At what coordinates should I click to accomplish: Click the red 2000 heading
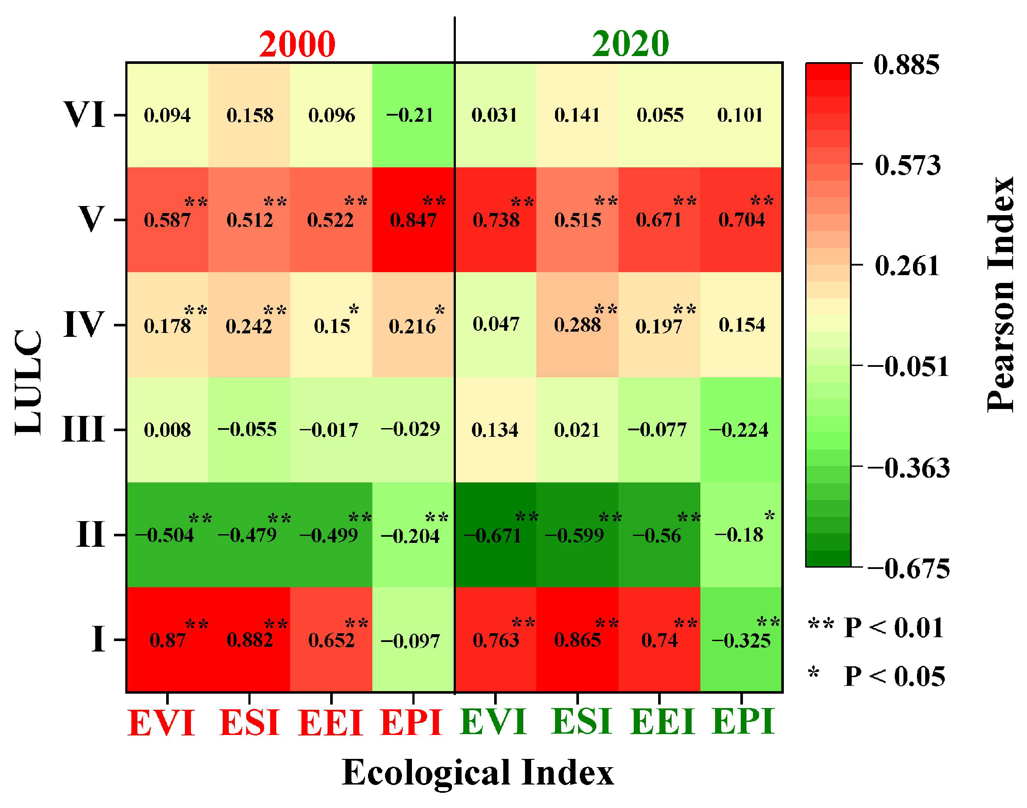(297, 44)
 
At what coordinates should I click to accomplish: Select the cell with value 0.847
(413, 220)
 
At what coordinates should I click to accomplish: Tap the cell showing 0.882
(250, 640)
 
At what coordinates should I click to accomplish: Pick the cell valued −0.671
(495, 535)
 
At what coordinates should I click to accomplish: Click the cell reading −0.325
(741, 640)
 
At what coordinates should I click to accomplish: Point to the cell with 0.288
(577, 325)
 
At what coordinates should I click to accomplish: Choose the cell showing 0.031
(495, 115)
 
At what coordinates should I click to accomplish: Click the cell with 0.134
(495, 429)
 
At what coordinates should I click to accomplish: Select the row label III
(84, 429)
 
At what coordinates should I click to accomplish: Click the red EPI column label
(411, 722)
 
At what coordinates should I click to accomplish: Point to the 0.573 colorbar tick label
(907, 165)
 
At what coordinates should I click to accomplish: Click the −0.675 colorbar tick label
(908, 568)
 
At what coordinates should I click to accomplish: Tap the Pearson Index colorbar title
(1000, 294)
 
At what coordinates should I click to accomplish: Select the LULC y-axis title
(28, 382)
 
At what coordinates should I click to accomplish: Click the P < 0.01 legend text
(893, 628)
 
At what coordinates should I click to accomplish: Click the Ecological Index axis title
(477, 772)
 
